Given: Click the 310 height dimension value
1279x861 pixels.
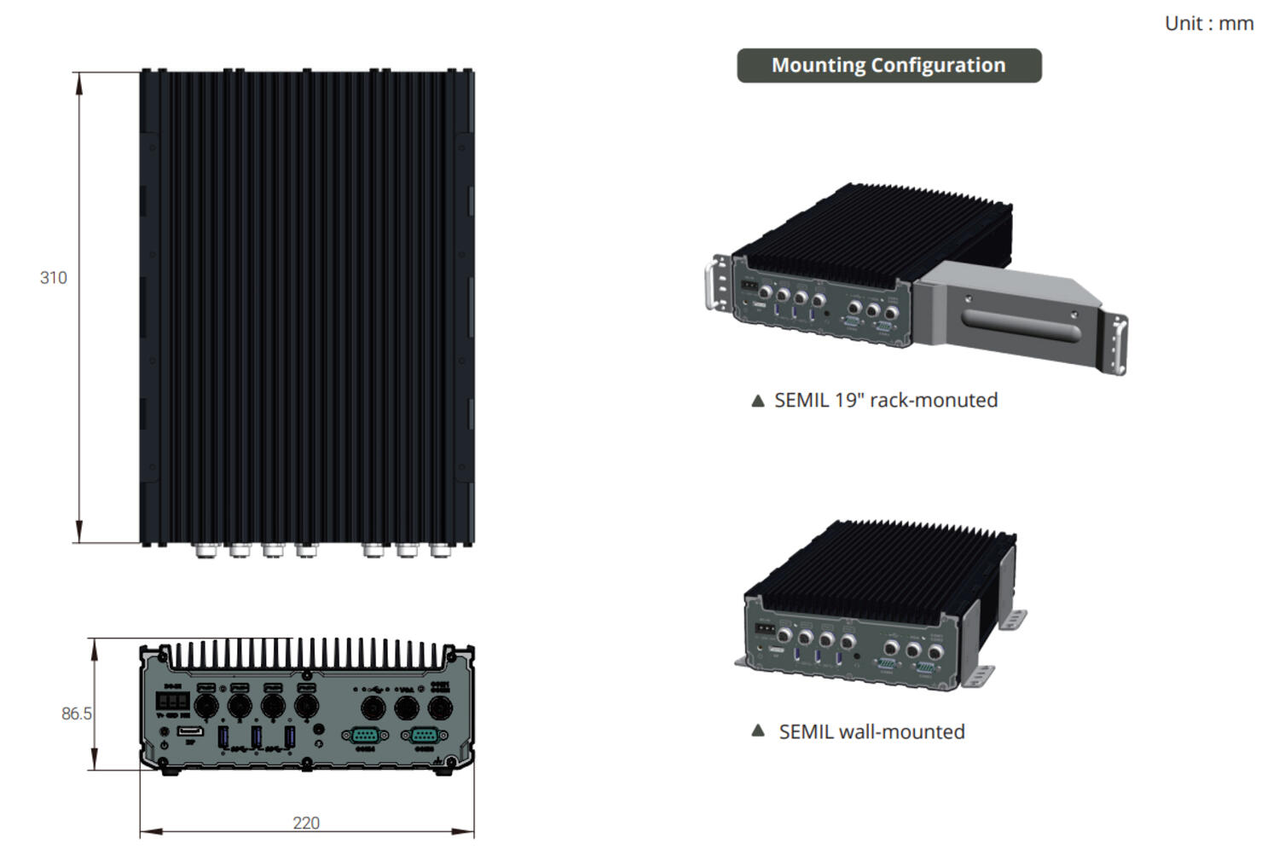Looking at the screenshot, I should [53, 278].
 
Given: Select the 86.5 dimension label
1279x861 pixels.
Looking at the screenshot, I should [76, 714].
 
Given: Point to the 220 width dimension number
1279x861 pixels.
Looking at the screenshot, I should [306, 823].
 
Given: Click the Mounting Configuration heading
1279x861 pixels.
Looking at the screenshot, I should [888, 66].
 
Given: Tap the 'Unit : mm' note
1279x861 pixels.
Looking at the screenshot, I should [1208, 24].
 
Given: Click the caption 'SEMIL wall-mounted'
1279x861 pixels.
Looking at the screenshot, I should [871, 731].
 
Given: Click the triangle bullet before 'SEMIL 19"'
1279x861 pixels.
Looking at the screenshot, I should [757, 401].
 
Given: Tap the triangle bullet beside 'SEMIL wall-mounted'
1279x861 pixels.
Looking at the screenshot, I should [757, 731].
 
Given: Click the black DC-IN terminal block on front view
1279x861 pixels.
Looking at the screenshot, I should [172, 702].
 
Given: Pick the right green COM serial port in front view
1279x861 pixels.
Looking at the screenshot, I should [424, 735].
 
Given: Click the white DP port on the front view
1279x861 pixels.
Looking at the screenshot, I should [190, 731].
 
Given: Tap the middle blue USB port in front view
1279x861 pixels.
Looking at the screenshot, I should [257, 737].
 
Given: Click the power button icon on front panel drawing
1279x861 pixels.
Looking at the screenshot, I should [164, 745].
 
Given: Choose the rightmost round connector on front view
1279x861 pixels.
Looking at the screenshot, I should [439, 707].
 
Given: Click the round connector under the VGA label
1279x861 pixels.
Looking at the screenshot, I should [406, 707].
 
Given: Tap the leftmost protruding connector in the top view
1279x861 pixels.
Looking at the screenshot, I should [205, 551].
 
